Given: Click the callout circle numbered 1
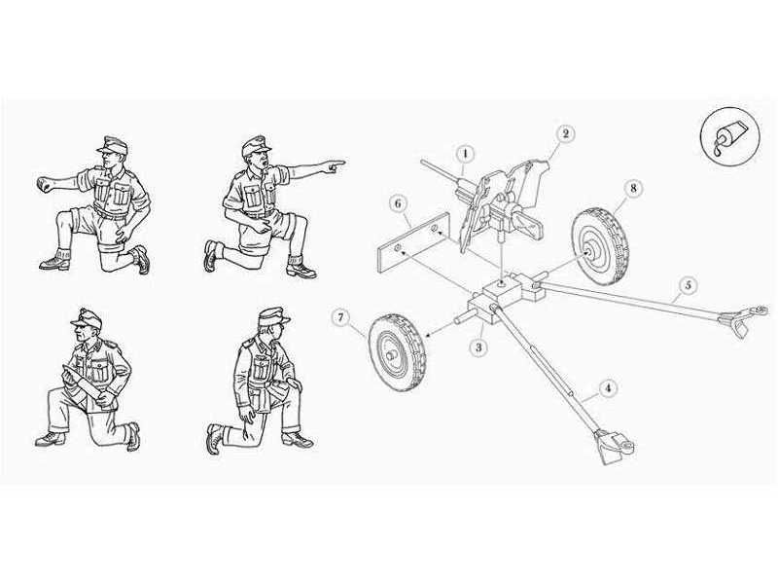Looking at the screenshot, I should pyautogui.click(x=465, y=153).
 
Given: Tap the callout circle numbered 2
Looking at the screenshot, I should pyautogui.click(x=566, y=133).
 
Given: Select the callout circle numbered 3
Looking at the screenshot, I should pyautogui.click(x=478, y=347).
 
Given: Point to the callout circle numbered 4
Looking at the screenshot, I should pyautogui.click(x=608, y=388).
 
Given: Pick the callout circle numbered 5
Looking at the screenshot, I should pyautogui.click(x=687, y=284).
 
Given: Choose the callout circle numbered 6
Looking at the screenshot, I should pyautogui.click(x=396, y=202).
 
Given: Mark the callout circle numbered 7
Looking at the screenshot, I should pyautogui.click(x=339, y=317).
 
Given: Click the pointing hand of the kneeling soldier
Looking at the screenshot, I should pyautogui.click(x=334, y=167).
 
